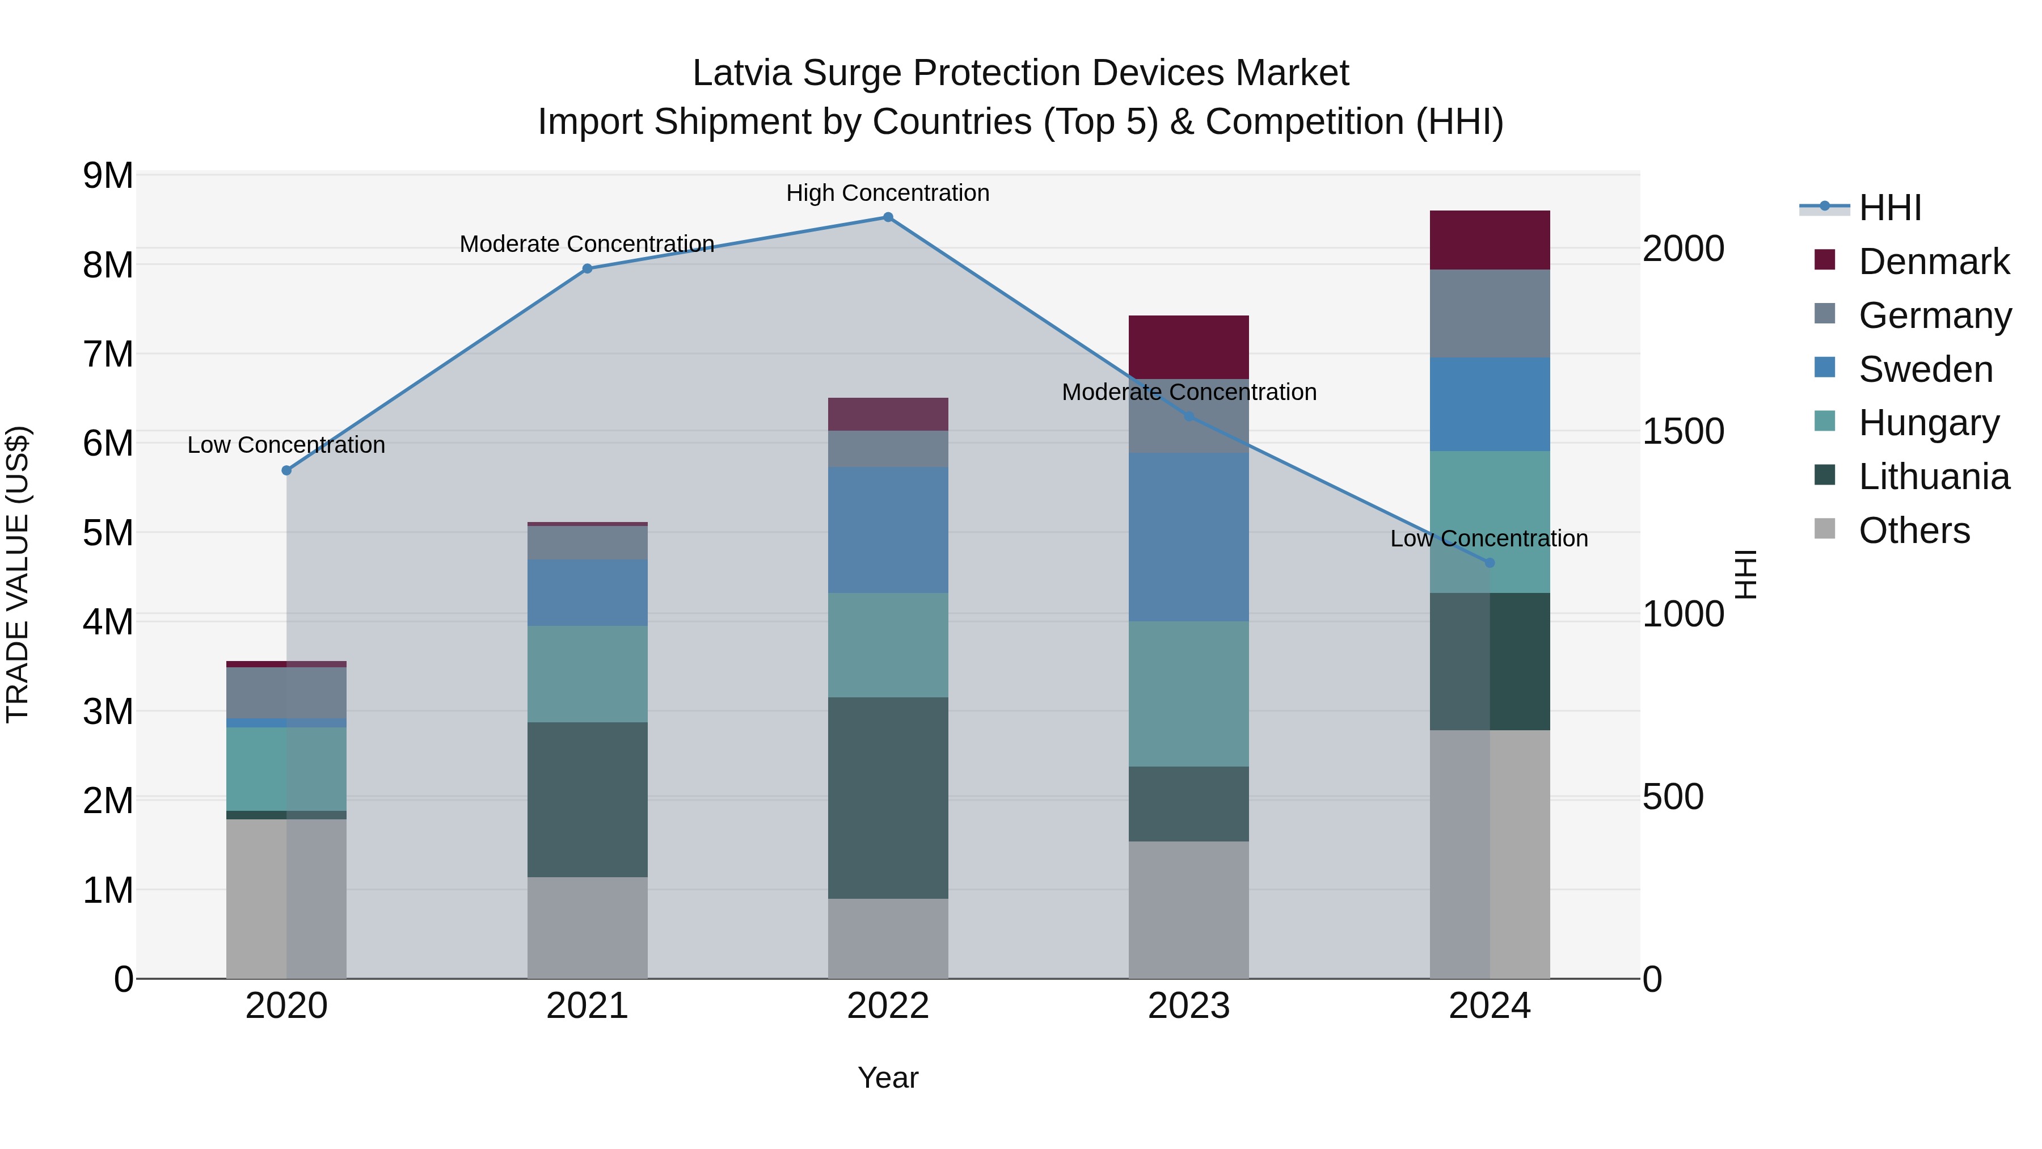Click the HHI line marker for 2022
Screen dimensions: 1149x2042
coord(888,217)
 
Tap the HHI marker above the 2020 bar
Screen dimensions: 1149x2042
coord(287,470)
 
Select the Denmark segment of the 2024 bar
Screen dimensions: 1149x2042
coord(1490,240)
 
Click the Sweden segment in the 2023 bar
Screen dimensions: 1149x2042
coord(1188,537)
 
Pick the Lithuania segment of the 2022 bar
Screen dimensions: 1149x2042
coord(888,798)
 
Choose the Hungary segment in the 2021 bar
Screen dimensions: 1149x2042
coord(588,674)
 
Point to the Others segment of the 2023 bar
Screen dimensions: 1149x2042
coord(1188,910)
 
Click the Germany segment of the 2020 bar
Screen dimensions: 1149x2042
coord(286,693)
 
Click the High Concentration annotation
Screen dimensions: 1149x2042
coord(888,193)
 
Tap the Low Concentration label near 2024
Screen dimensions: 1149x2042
coord(1489,538)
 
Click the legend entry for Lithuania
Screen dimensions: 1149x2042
coord(1934,477)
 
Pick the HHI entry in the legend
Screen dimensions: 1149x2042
coord(1890,208)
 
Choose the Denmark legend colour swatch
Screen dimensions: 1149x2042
coord(1824,260)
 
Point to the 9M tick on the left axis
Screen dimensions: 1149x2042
coord(108,175)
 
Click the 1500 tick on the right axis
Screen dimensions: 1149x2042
coord(1683,431)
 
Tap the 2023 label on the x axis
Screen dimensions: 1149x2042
coord(1188,1006)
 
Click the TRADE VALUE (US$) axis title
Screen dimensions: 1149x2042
coord(18,574)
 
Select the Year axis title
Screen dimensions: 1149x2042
coord(888,1078)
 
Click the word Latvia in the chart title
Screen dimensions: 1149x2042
coord(741,73)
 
